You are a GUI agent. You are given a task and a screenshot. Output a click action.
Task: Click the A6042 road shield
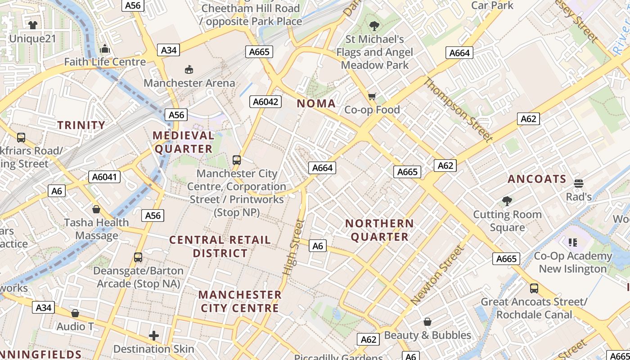(265, 102)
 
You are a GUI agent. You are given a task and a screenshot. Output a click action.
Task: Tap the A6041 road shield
(104, 177)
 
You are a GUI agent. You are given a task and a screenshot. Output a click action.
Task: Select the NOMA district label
(316, 103)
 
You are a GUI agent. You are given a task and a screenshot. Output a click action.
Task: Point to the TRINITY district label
(81, 125)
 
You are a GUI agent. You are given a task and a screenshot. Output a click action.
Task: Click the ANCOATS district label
(537, 179)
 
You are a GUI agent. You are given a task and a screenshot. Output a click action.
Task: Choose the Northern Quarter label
(379, 230)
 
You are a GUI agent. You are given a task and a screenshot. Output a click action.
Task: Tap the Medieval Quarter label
(183, 142)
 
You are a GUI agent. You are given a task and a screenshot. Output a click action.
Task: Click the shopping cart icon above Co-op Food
(372, 96)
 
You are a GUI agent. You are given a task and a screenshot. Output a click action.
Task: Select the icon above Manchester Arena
(189, 69)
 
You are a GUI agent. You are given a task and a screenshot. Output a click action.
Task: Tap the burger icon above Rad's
(579, 183)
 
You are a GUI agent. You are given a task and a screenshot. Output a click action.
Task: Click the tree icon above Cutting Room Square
(507, 201)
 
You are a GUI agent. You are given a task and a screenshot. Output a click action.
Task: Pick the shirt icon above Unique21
(32, 25)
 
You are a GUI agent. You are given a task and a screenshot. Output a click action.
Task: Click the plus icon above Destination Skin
(154, 336)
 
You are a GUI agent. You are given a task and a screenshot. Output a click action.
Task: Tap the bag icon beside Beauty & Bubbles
(427, 322)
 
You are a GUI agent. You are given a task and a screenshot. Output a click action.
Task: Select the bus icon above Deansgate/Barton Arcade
(138, 257)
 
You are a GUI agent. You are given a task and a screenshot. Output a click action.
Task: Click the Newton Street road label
(437, 275)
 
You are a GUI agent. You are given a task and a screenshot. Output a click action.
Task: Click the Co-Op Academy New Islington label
(573, 262)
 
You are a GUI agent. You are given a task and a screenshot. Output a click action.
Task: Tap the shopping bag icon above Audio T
(75, 313)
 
